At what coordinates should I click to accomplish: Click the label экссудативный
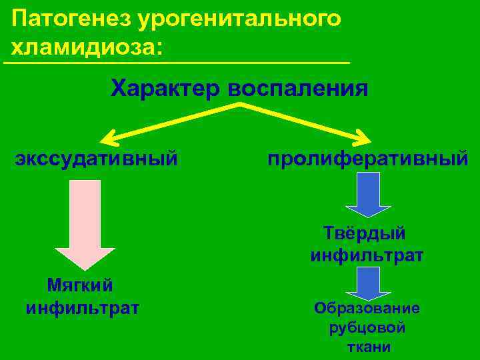97,159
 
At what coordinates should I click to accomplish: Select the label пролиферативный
367,159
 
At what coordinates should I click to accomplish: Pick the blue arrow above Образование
367,284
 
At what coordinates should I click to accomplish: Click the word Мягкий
80,285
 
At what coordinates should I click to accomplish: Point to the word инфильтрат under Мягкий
83,308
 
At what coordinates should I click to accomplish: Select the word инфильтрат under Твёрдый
367,255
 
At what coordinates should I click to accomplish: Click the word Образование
367,308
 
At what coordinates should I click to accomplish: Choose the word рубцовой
367,328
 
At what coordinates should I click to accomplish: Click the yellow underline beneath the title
177,63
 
